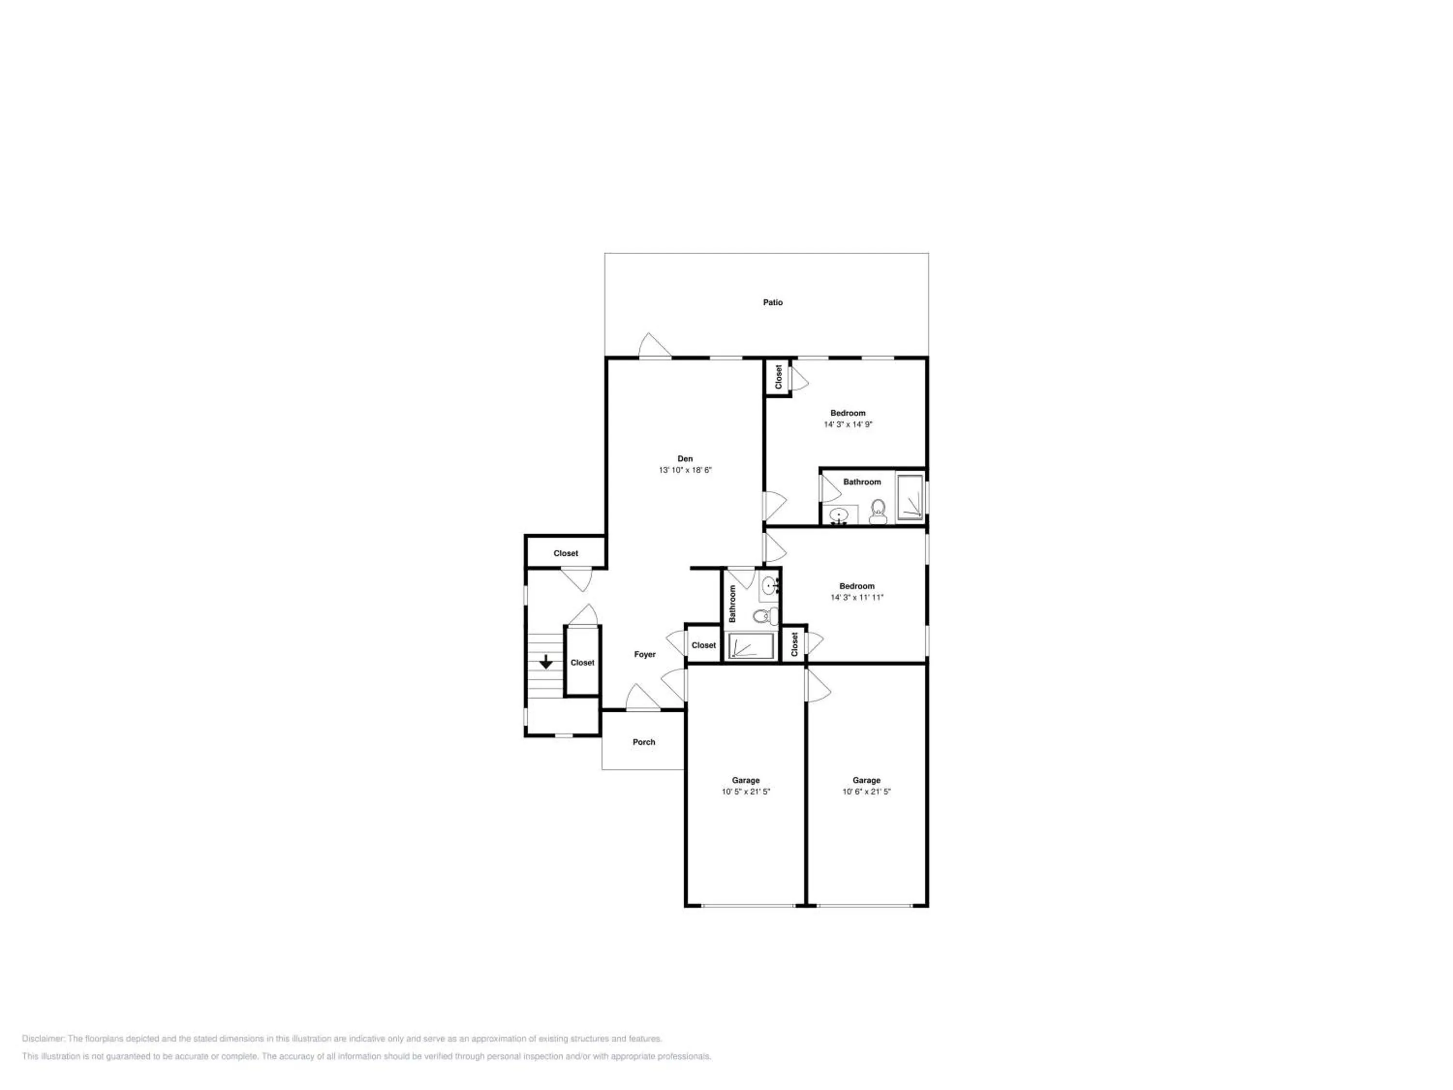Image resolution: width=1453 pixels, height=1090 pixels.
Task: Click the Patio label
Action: (x=773, y=302)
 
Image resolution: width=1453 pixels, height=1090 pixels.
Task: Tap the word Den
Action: (x=685, y=459)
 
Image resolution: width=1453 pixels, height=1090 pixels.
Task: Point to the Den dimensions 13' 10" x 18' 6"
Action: (x=685, y=470)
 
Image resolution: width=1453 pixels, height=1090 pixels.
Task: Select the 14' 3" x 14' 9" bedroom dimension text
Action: (x=848, y=424)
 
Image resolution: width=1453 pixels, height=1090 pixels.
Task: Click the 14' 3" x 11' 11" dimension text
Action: (x=857, y=597)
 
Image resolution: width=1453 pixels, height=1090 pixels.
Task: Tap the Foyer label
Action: (x=645, y=654)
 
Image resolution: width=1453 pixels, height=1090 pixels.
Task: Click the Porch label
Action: (x=644, y=742)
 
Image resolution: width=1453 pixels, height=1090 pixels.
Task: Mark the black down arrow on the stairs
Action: (x=546, y=662)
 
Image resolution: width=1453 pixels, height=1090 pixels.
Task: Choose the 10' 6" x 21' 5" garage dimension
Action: (x=866, y=792)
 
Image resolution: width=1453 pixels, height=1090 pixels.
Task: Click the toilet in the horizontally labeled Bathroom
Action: (x=878, y=512)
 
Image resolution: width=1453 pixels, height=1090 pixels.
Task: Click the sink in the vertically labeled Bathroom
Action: (x=769, y=584)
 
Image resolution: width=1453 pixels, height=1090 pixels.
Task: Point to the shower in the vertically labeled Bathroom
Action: (x=750, y=647)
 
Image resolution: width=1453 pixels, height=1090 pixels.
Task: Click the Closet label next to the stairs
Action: (x=583, y=662)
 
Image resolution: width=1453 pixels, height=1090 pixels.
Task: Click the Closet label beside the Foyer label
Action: (x=704, y=645)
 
